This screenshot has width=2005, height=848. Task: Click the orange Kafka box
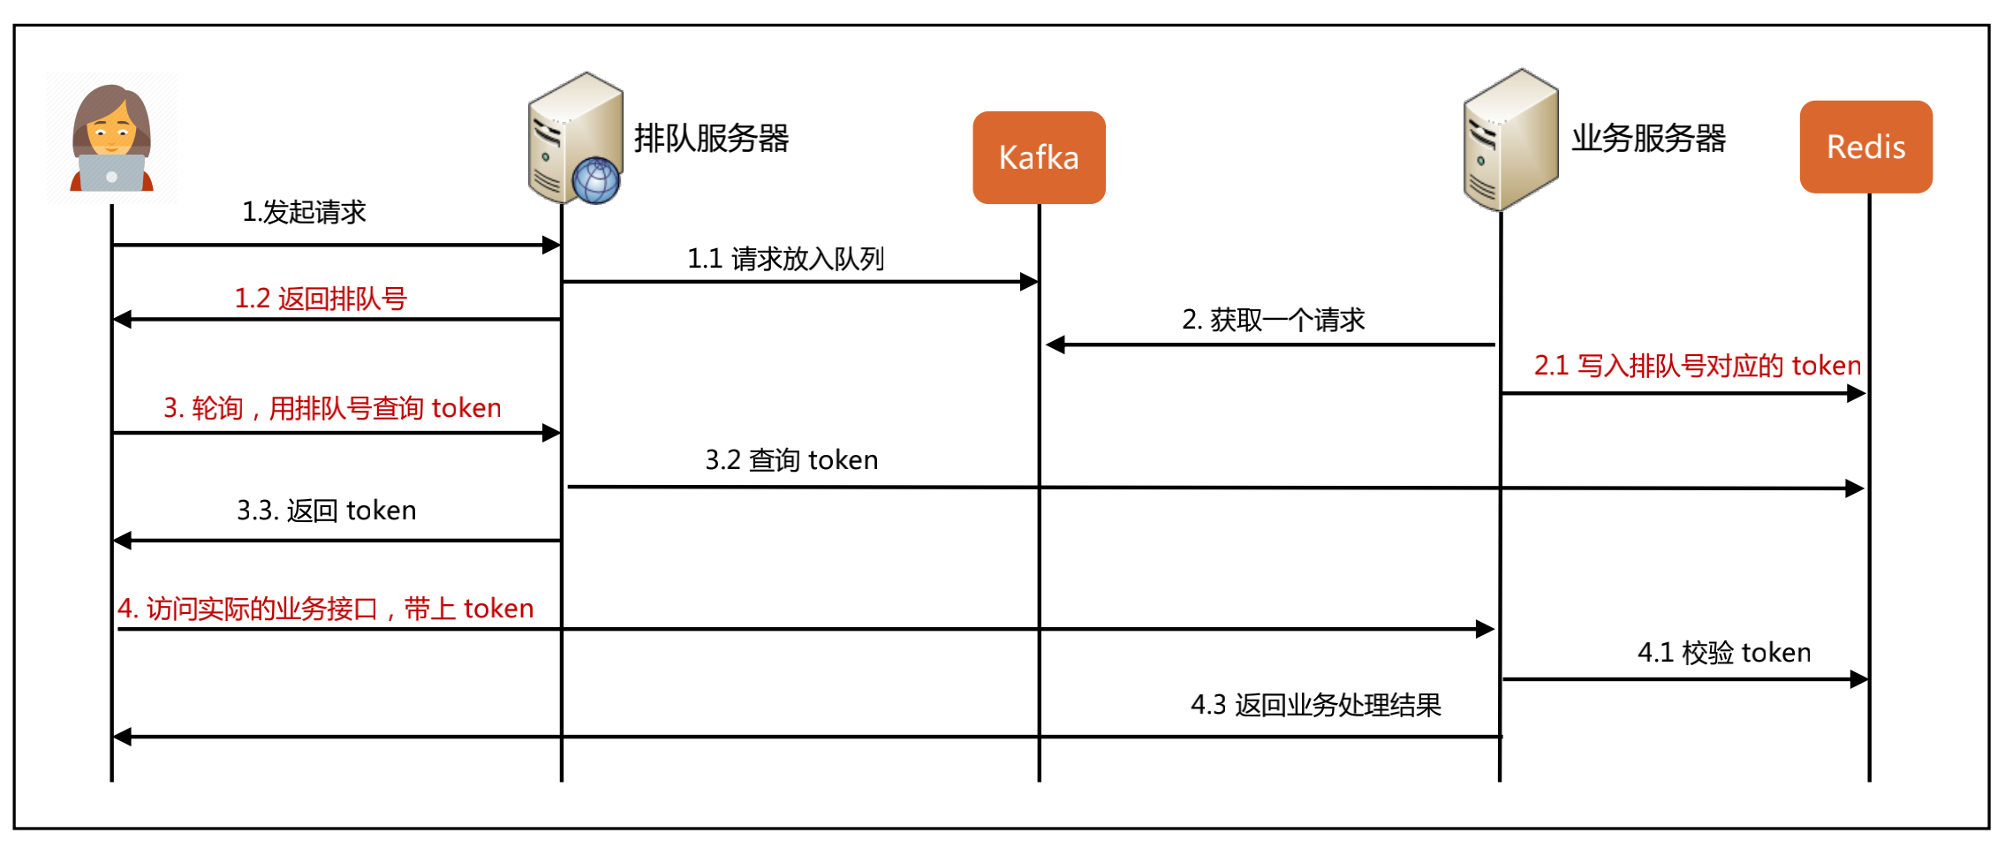1039,157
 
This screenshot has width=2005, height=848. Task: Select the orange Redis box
1865,147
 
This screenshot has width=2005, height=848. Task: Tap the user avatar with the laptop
111,138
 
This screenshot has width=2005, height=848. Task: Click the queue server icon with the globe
576,139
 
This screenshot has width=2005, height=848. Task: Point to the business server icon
1510,140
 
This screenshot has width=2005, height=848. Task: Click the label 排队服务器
711,139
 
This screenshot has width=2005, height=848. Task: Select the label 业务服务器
1648,139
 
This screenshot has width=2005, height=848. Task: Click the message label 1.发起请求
304,212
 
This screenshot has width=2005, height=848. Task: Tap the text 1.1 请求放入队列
785,259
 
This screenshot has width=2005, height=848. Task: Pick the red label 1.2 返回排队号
320,299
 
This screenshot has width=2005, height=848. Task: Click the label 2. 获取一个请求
1273,320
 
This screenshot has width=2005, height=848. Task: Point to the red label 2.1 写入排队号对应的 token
1697,366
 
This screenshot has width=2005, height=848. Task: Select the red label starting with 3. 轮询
332,408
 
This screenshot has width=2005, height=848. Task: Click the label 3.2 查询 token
791,460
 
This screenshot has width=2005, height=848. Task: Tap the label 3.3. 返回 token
326,511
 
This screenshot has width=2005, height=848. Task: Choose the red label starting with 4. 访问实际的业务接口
326,609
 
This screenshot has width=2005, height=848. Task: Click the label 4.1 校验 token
1723,653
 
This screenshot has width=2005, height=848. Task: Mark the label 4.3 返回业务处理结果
1315,705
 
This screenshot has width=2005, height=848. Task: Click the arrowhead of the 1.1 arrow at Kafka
1029,282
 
